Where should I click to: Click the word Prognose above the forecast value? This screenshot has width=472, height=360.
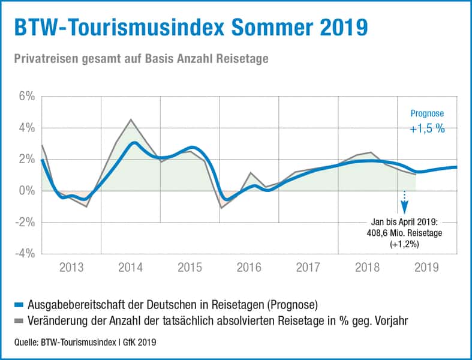[427, 113]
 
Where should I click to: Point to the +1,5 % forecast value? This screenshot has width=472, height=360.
[427, 129]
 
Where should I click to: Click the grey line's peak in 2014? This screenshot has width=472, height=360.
[131, 119]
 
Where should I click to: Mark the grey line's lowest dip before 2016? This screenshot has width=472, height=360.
[221, 208]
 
